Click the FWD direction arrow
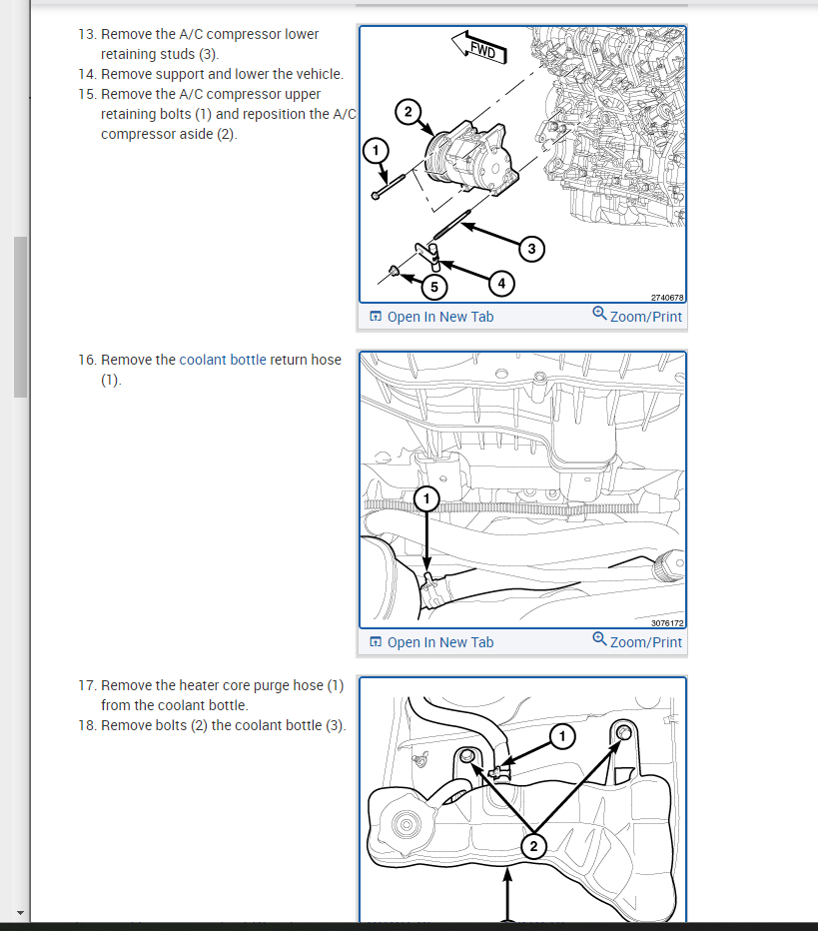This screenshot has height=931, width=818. click(x=479, y=48)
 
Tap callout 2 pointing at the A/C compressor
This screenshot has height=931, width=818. click(x=408, y=112)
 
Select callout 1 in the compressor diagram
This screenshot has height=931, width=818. click(x=376, y=151)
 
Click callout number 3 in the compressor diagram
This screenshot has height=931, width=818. click(x=531, y=249)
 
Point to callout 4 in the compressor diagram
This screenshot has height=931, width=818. click(x=501, y=284)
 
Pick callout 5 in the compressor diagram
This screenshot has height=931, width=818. click(x=433, y=287)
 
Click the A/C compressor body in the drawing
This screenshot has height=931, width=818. click(x=470, y=157)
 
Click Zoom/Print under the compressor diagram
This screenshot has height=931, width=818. click(x=637, y=316)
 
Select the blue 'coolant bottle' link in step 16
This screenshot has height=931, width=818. click(x=223, y=360)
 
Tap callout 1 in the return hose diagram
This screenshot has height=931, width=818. click(x=426, y=498)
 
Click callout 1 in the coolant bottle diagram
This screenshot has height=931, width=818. click(x=562, y=737)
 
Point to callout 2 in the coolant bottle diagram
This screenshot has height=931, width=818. click(x=533, y=846)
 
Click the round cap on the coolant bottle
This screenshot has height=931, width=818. click(x=408, y=825)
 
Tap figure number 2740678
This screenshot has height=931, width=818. click(x=667, y=298)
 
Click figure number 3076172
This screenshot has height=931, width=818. click(x=667, y=623)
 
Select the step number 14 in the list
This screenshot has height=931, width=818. click(x=87, y=74)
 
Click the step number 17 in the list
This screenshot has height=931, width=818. click(x=87, y=686)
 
